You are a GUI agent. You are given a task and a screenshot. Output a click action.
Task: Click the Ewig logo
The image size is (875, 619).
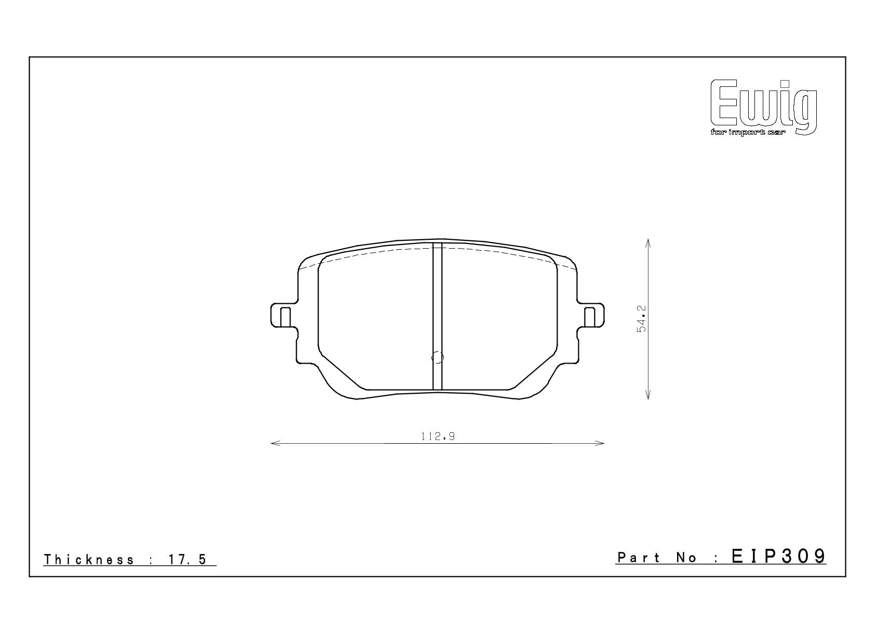[x=764, y=107]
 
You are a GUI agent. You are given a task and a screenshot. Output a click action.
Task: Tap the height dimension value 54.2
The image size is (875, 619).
[x=641, y=319]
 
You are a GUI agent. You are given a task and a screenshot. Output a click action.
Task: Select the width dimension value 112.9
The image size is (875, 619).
[x=438, y=436]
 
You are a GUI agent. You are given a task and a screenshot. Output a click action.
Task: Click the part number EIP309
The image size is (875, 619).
[x=778, y=556]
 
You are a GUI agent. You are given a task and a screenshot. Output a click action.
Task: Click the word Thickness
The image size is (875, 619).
[x=89, y=560]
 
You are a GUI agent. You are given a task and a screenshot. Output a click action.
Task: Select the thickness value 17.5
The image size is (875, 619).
[x=188, y=560]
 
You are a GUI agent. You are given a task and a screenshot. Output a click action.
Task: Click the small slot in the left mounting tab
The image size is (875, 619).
[x=286, y=317]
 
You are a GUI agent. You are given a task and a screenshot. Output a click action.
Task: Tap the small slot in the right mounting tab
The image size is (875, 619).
[x=589, y=317]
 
